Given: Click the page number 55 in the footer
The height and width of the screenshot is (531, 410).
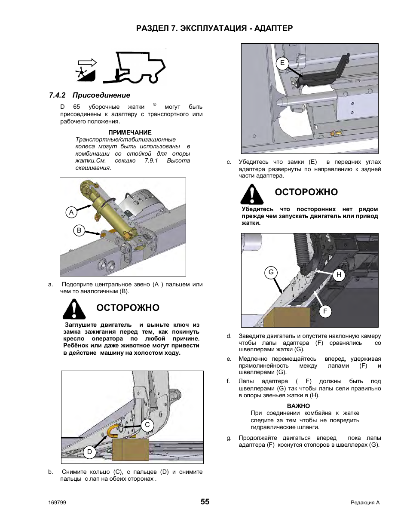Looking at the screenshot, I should (205, 502).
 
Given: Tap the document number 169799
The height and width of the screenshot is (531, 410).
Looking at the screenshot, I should (57, 503).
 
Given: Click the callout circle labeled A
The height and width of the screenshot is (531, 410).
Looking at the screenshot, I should (71, 212).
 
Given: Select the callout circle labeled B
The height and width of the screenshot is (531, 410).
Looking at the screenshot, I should (79, 230).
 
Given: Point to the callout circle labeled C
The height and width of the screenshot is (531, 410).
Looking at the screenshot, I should (147, 425).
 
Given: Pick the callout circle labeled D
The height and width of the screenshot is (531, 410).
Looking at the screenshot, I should (89, 451).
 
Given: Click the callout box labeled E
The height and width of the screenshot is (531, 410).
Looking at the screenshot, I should (282, 63).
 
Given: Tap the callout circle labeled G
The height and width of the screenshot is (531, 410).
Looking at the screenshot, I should (271, 272).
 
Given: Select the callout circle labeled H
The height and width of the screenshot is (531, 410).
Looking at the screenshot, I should (339, 275).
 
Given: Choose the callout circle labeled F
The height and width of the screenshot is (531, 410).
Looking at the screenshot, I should (325, 311).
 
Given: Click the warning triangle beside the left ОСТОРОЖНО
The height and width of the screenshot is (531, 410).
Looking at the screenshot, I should (74, 308).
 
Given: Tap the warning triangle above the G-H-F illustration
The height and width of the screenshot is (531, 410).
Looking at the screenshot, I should (252, 194).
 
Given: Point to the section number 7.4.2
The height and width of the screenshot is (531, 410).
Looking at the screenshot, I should (57, 95).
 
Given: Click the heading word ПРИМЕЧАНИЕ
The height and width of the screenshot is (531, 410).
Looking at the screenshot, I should (130, 132).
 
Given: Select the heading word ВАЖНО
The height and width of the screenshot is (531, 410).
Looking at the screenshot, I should (298, 406).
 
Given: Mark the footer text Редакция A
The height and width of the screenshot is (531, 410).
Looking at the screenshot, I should (365, 503).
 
